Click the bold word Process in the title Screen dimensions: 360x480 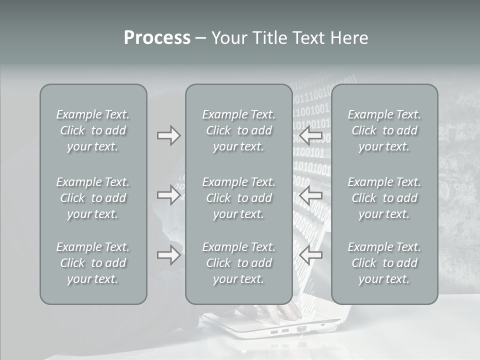157,38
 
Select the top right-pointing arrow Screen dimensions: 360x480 168,135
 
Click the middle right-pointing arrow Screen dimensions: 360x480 168,194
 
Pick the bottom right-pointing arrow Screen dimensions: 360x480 168,255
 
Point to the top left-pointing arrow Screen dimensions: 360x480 310,135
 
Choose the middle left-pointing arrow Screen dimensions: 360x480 310,194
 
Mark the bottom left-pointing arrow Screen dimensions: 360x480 310,255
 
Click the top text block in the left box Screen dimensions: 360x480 93,130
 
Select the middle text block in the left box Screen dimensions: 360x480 93,198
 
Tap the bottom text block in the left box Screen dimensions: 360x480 93,263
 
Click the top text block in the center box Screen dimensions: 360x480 238,130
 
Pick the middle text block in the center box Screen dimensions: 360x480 238,198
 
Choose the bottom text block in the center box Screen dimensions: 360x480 238,263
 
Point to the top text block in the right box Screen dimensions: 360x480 384,130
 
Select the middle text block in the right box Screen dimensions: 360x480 384,198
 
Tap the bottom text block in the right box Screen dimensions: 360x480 384,263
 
